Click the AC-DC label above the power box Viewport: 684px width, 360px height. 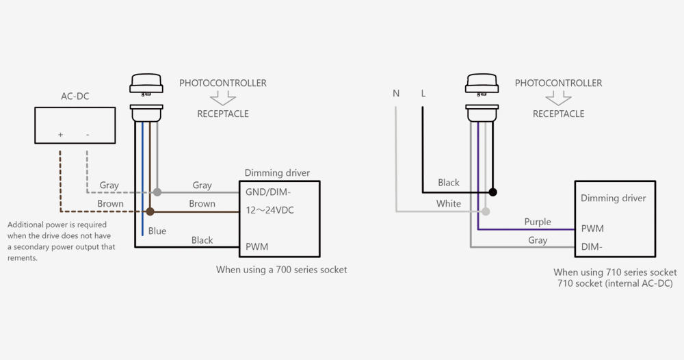(75, 97)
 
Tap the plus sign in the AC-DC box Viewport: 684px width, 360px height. (60, 135)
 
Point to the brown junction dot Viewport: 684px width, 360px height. (150, 211)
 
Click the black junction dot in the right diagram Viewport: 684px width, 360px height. (492, 192)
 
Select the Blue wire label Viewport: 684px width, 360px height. (157, 231)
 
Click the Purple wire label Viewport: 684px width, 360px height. (538, 222)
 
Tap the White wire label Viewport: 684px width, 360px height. (449, 203)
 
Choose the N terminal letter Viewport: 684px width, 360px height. (396, 93)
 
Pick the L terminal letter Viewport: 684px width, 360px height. (423, 93)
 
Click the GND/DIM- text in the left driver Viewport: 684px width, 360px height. (268, 192)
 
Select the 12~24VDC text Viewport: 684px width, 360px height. (269, 210)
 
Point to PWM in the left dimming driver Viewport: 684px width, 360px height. (256, 246)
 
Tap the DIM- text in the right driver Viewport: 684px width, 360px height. (592, 246)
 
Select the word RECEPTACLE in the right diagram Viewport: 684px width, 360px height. (558, 114)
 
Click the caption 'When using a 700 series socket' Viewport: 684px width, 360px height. (281, 270)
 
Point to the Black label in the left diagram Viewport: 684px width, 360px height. (202, 240)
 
